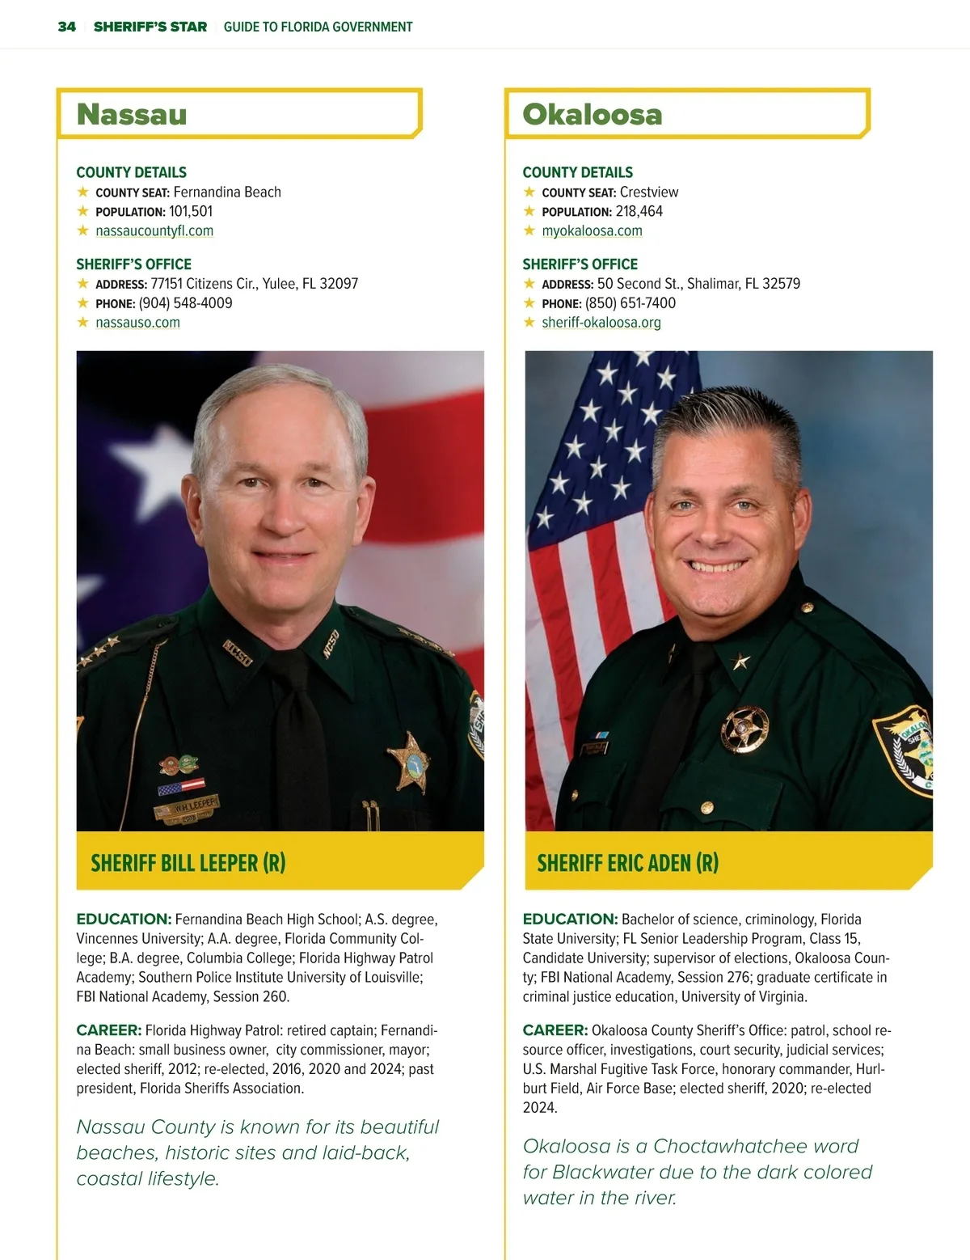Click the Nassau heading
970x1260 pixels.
click(x=132, y=114)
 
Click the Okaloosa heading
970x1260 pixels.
click(x=592, y=114)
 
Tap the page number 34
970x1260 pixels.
click(x=67, y=27)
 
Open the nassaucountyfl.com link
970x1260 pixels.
click(x=154, y=230)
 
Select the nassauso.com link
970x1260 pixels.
click(x=137, y=322)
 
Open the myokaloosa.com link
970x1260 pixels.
click(x=592, y=230)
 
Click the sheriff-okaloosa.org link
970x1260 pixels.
click(x=601, y=322)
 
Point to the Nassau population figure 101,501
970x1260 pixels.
click(x=191, y=211)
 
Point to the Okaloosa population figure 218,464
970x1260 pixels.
click(x=639, y=211)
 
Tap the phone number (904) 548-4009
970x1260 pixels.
click(x=185, y=303)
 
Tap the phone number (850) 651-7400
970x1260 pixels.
click(x=630, y=303)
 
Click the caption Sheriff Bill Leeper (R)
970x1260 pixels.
click(x=188, y=863)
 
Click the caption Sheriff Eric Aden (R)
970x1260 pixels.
click(x=627, y=863)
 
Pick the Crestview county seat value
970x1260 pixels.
click(x=649, y=192)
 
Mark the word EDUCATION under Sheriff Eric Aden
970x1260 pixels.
click(x=569, y=920)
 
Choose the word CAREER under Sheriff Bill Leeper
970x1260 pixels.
click(x=108, y=1030)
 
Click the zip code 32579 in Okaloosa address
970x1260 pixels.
click(x=781, y=284)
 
